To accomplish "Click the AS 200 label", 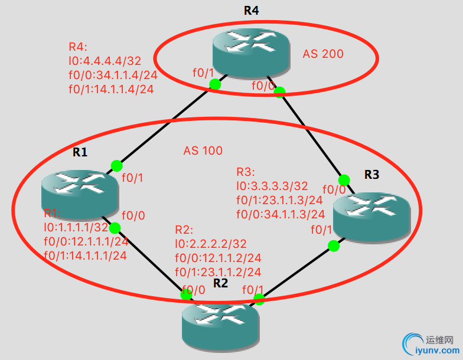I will coord(323,54).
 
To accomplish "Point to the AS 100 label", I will coord(203,150).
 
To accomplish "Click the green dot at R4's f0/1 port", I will coord(215,84).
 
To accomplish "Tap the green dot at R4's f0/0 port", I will coord(279,91).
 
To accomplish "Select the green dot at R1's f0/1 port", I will coord(116,166).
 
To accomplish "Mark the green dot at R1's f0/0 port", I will coord(115,228).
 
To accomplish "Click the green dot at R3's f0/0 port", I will coord(343,180).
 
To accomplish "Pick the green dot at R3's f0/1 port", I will coord(334,245).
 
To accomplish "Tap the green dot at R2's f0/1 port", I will coord(258,300).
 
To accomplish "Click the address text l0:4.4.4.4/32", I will coord(105,61).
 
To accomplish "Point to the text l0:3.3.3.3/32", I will coord(273,186).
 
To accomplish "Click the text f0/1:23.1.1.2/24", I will coord(218,271).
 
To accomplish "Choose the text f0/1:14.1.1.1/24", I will coord(86,255).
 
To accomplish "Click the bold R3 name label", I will coord(371,174).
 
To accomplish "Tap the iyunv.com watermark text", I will coord(438,352).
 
